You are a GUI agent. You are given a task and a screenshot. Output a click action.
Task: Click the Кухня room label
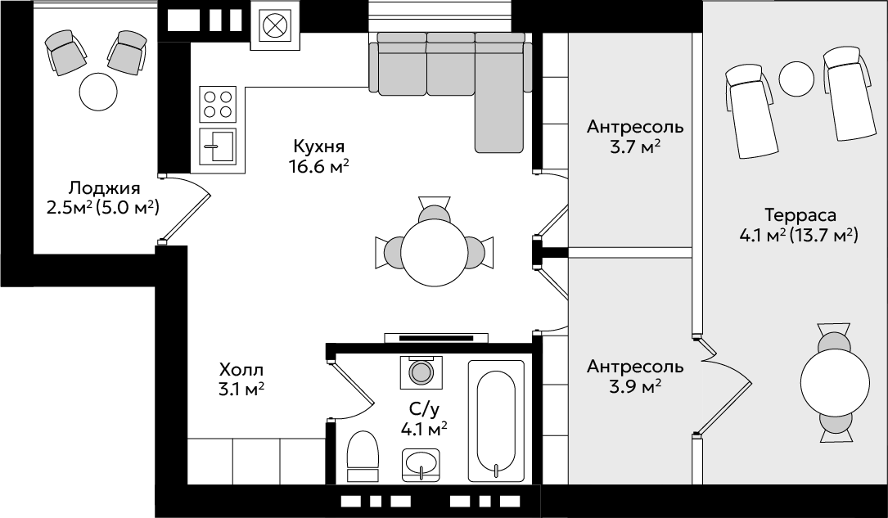319,146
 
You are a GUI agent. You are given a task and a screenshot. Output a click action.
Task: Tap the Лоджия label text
104,188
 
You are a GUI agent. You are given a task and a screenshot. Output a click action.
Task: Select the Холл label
241,370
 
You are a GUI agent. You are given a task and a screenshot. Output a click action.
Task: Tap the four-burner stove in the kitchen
218,104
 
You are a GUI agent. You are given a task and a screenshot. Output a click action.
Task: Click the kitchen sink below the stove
218,146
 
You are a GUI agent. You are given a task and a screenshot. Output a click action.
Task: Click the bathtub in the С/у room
496,421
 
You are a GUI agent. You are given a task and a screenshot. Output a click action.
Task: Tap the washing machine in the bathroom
421,372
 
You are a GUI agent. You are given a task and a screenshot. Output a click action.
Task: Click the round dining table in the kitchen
435,250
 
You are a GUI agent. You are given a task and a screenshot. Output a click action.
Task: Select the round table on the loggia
98,91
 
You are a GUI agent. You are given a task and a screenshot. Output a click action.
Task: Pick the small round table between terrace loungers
796,79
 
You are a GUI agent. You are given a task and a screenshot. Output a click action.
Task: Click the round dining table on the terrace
835,384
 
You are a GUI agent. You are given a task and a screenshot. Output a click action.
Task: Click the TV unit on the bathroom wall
436,338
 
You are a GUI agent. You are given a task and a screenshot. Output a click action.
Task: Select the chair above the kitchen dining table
435,209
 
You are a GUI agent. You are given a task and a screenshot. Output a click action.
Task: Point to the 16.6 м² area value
318,167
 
